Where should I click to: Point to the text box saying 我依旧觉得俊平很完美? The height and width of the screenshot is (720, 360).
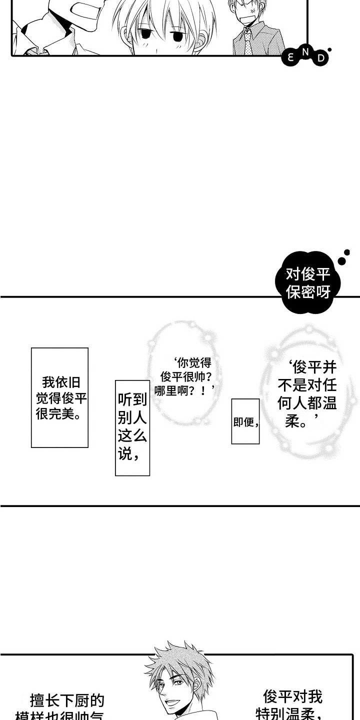[x=59, y=397]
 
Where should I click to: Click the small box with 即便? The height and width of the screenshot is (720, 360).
[x=245, y=421]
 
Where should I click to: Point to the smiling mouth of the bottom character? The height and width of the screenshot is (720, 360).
[x=173, y=704]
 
